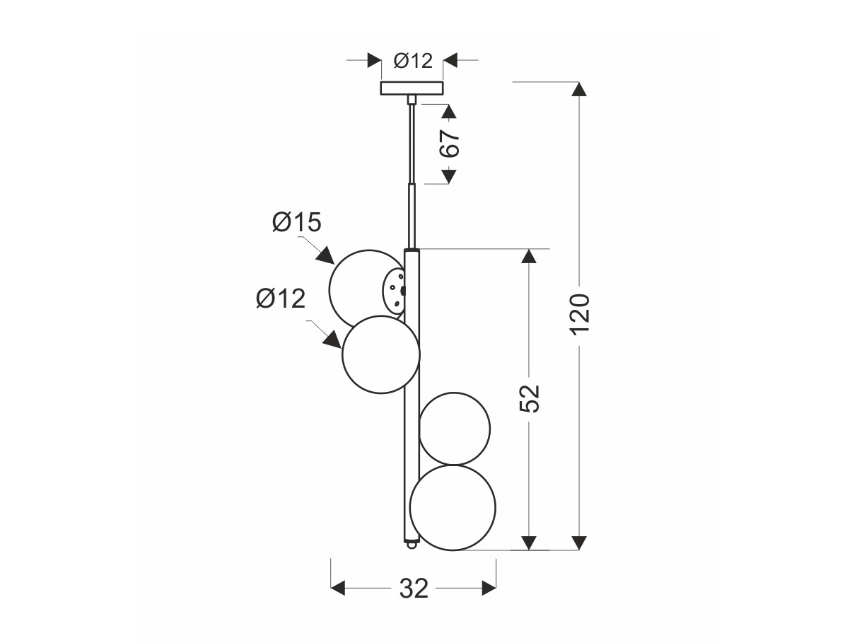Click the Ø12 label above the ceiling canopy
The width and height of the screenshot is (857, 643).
(413, 61)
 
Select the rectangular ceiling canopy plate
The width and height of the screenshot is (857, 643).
(412, 88)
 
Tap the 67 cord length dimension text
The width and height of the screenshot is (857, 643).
(450, 144)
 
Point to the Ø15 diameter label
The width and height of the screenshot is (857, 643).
(297, 222)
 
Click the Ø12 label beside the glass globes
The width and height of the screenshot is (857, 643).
(280, 299)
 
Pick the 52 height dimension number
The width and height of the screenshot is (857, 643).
(529, 399)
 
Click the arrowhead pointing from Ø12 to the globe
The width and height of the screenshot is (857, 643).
(332, 340)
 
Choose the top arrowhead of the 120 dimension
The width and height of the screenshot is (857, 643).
(579, 89)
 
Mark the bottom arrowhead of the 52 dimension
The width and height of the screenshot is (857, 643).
(529, 543)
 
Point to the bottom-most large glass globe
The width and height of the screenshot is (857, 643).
(453, 507)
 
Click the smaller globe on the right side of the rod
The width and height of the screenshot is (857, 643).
(454, 429)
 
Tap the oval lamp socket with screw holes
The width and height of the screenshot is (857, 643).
(394, 291)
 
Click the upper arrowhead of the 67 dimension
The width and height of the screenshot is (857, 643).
(449, 112)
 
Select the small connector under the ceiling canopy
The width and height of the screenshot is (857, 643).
(412, 99)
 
